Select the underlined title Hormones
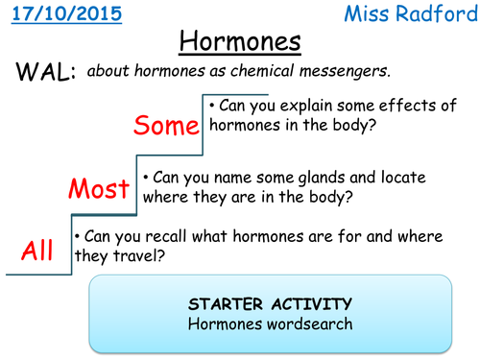point(240,42)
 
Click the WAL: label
point(43,74)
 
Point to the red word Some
point(166,125)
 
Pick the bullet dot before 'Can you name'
point(146,178)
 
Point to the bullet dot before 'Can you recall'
point(78,235)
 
